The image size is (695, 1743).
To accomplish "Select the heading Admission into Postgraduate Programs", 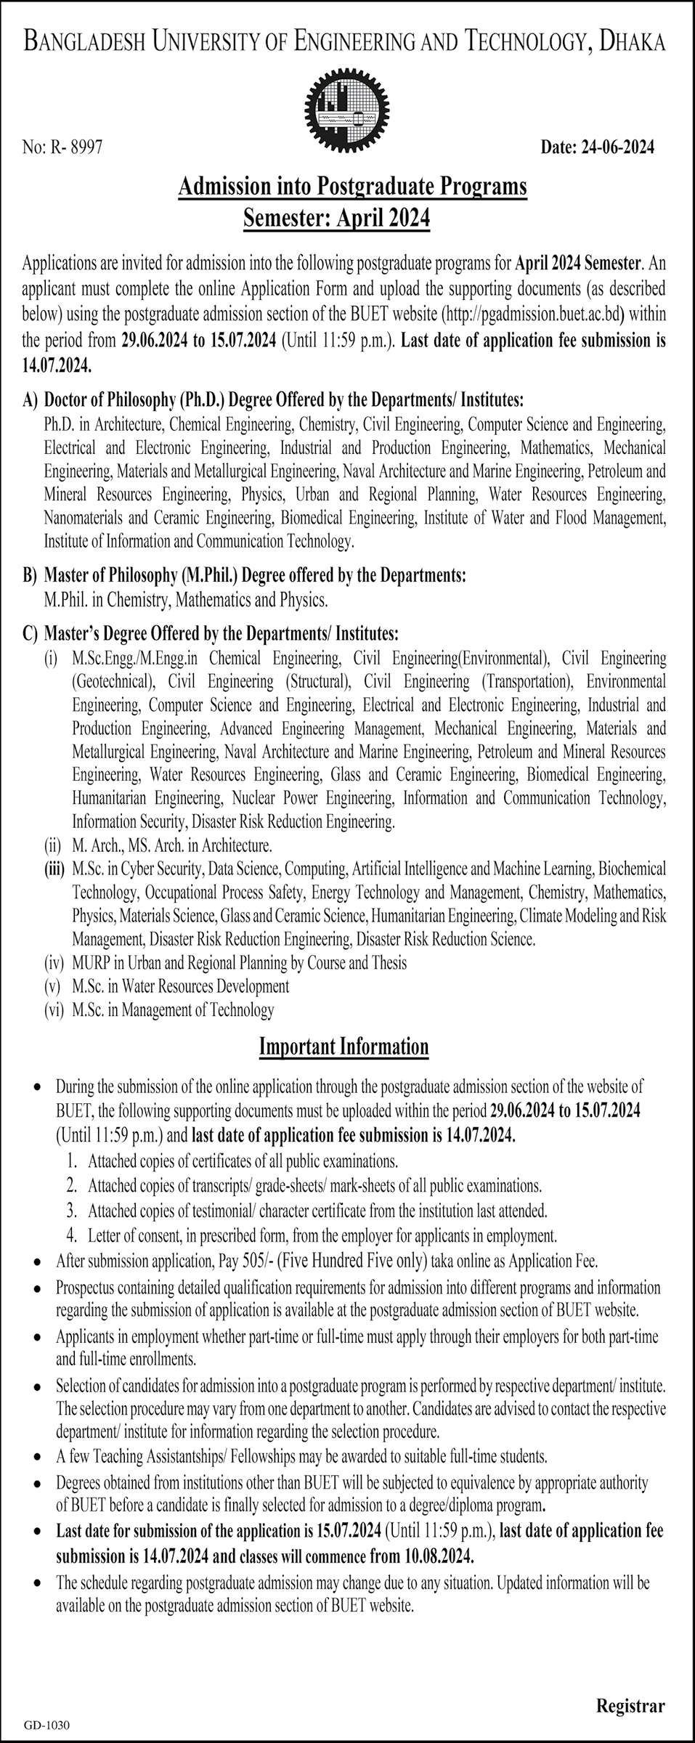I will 352,188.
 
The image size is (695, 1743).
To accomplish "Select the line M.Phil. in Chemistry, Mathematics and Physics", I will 187,600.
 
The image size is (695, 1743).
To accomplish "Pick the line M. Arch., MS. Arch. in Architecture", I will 172,845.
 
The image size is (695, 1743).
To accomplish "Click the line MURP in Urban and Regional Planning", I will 239,963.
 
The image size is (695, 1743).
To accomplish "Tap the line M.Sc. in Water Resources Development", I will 180,986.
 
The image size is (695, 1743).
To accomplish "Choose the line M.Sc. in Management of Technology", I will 173,1009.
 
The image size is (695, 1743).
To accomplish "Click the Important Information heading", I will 344,1047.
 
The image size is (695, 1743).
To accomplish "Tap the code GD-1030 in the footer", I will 42,1721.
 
